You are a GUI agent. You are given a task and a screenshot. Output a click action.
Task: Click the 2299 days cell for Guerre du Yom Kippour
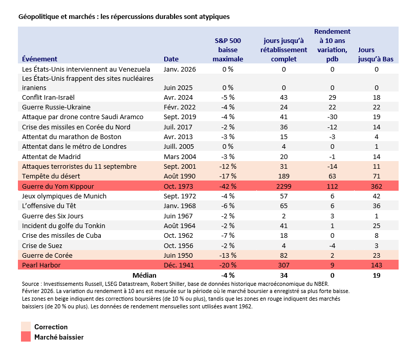click(283, 186)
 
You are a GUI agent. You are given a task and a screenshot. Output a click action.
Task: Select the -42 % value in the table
click(228, 186)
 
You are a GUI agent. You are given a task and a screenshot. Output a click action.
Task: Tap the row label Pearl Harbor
click(41, 265)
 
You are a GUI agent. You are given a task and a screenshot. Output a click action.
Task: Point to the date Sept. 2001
click(180, 167)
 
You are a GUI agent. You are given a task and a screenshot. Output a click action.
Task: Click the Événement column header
click(39, 59)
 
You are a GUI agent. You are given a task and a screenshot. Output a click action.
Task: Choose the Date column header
click(171, 59)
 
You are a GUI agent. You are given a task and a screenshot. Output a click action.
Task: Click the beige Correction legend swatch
click(26, 326)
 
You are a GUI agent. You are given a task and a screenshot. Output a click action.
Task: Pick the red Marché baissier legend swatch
click(26, 336)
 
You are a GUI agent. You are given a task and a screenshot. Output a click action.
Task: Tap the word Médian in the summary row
click(144, 275)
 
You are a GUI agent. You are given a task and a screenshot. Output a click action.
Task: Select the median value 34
click(283, 275)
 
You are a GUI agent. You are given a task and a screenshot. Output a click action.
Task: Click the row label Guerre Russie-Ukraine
click(56, 107)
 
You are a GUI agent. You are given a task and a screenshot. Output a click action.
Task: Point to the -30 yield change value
click(332, 117)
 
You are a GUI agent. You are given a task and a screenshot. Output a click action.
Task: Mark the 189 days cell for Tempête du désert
click(283, 176)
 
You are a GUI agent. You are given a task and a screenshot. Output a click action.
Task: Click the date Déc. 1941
click(179, 265)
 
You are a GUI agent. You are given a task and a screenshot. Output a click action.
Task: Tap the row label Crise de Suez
click(42, 245)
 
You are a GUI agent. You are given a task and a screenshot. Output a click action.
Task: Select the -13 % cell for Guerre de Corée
click(228, 255)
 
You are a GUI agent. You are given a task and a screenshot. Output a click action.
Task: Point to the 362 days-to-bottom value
click(377, 186)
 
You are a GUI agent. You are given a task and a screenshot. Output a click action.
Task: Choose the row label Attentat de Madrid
click(51, 156)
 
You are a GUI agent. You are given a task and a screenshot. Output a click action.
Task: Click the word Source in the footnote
click(31, 284)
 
